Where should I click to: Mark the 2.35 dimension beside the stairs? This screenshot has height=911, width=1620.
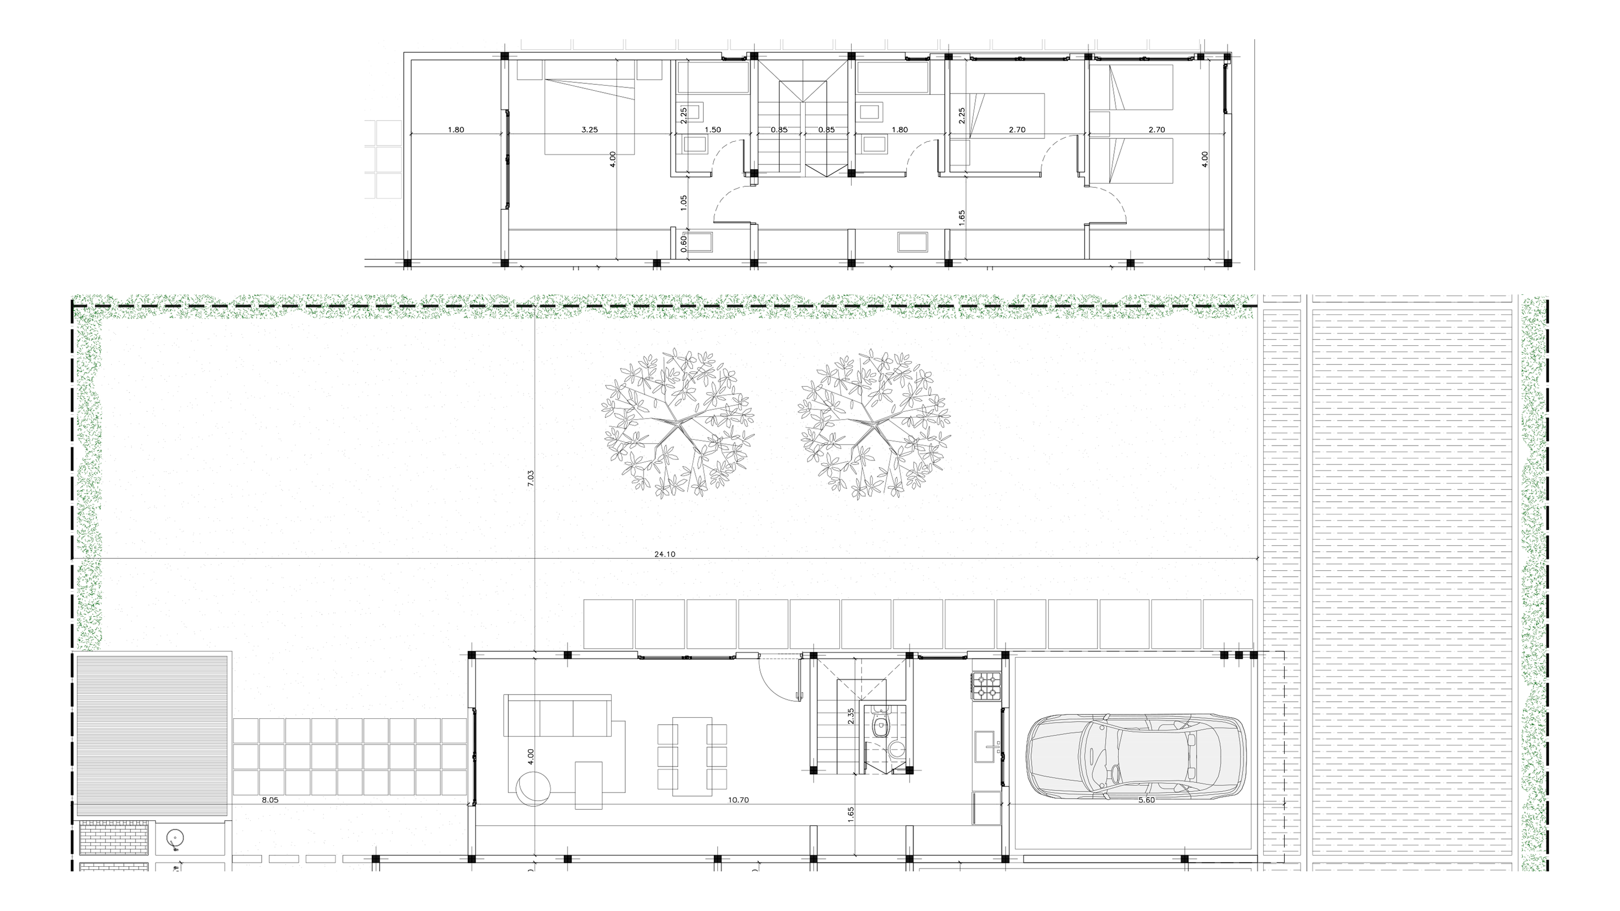(x=851, y=717)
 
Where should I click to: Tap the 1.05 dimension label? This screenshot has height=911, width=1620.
(x=683, y=202)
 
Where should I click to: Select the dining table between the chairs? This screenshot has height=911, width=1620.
(x=692, y=756)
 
